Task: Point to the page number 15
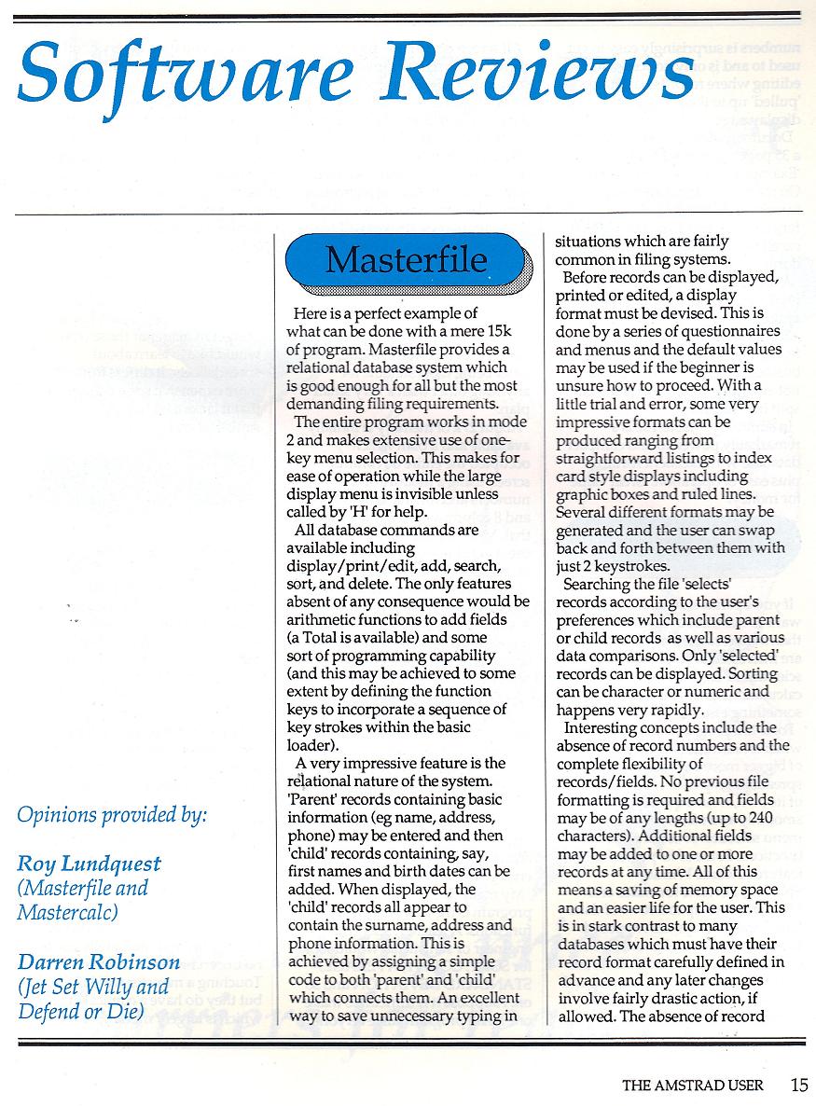(797, 1085)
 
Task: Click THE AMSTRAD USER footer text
(693, 1085)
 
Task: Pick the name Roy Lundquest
(89, 864)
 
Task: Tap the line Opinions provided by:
(112, 814)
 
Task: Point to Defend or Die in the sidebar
(80, 1010)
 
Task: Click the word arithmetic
(327, 620)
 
